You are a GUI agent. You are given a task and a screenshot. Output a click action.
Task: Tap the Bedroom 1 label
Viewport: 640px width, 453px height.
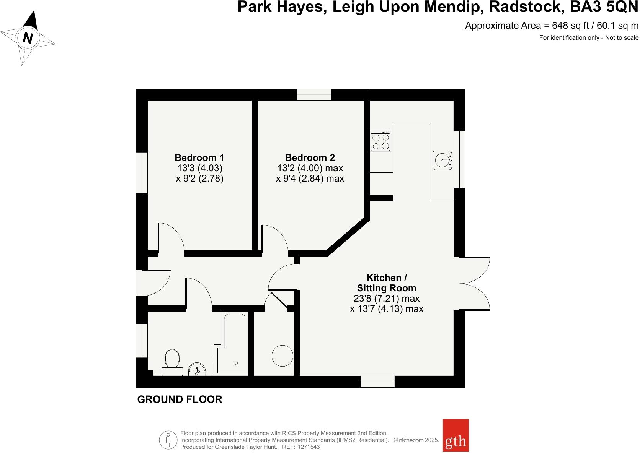click(x=199, y=157)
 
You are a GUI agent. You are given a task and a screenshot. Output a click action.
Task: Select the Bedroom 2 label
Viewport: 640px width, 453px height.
click(x=310, y=157)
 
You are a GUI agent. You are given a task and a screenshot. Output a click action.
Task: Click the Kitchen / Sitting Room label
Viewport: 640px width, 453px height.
click(x=386, y=283)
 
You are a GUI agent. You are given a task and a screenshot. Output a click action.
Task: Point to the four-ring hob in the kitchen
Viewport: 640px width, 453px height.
click(x=380, y=141)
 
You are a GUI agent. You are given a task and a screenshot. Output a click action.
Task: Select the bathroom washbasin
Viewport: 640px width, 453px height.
click(x=197, y=370)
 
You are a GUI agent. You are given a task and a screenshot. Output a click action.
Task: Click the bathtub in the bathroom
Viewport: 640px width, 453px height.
click(x=232, y=344)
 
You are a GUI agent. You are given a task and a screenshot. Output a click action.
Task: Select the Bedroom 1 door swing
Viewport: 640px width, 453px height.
click(x=171, y=238)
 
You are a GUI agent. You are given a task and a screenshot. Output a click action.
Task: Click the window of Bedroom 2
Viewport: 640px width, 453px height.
click(x=314, y=94)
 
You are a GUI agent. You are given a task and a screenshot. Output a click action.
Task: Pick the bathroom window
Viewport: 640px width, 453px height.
click(x=142, y=341)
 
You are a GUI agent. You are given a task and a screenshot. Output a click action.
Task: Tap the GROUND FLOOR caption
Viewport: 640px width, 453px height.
click(x=180, y=399)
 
